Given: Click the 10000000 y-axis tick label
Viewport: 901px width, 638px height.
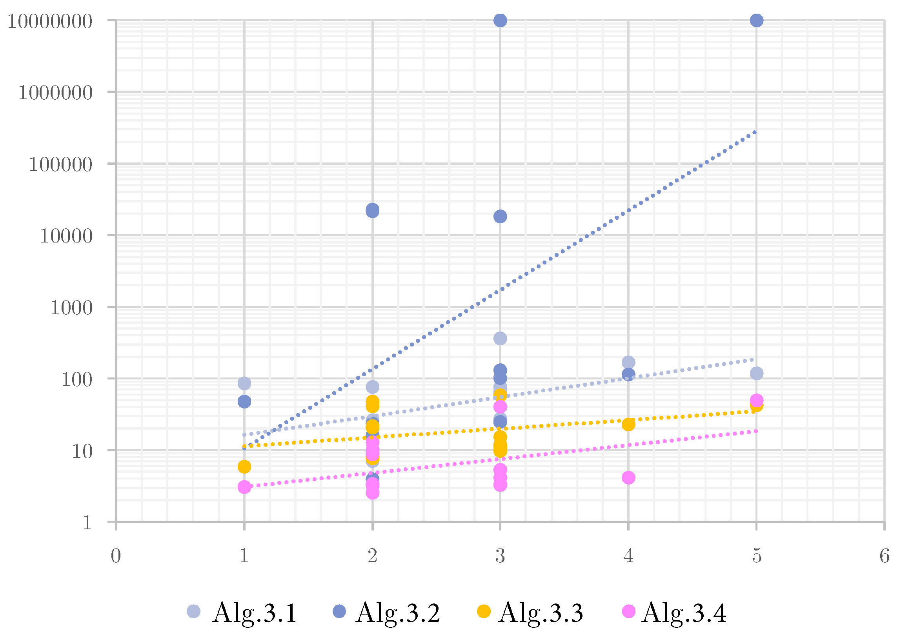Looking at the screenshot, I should click(x=50, y=21).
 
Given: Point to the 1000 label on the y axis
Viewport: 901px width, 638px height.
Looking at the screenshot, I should click(x=71, y=308).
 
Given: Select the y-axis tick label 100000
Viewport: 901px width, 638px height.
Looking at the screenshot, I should click(x=60, y=164).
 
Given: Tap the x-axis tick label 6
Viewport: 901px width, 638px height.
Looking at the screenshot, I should click(x=884, y=556).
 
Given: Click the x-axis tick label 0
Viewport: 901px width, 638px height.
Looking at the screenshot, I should click(x=116, y=556).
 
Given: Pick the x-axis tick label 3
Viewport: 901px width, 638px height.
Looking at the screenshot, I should click(x=500, y=556).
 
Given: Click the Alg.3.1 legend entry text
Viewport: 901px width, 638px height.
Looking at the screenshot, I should click(x=255, y=612).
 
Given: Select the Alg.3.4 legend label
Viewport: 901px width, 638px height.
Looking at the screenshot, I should click(x=684, y=612).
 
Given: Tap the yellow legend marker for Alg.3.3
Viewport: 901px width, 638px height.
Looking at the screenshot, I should click(x=484, y=611).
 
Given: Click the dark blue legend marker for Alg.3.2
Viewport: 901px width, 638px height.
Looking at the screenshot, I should click(x=339, y=611).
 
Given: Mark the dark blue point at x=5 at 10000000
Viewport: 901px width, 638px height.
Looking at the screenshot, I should click(x=757, y=20).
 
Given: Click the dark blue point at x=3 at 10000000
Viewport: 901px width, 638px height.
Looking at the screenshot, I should click(x=500, y=20).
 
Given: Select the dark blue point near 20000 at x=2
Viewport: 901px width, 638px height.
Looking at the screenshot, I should click(x=372, y=211).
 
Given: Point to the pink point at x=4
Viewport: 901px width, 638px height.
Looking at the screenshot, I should click(x=628, y=478).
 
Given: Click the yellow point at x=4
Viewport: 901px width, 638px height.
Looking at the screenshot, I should click(x=628, y=424).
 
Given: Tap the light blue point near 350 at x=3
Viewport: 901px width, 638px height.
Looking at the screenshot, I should click(x=500, y=338).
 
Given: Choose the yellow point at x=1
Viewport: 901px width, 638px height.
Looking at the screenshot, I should click(x=244, y=467).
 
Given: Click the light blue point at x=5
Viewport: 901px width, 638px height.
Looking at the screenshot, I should click(x=757, y=373).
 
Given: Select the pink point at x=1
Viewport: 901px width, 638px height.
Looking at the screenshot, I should click(x=244, y=487).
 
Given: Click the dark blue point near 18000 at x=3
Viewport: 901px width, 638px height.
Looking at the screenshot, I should click(x=500, y=216).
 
